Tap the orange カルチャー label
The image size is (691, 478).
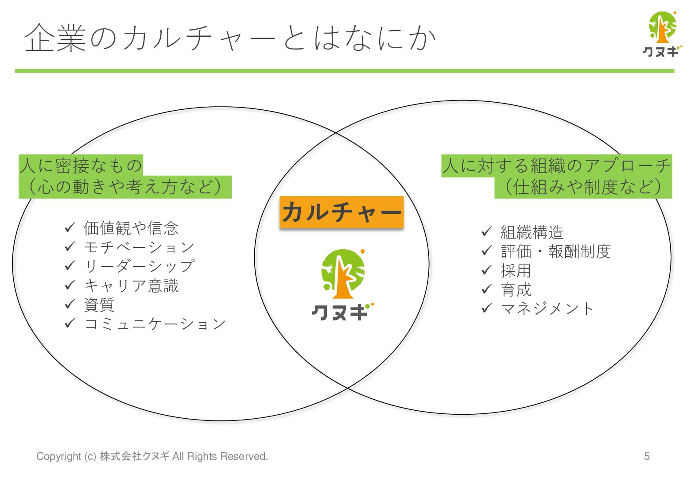coord(342,212)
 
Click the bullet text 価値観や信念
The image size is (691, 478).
coord(131,228)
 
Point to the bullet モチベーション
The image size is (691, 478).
coord(139,247)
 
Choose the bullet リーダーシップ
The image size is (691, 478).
coord(139,266)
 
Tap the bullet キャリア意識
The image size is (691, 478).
coord(132,285)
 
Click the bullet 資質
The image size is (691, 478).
coord(99,305)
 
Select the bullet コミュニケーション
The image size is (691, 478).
coord(155,324)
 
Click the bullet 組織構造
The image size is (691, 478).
coord(532,232)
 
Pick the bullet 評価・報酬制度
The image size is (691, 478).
coord(555,251)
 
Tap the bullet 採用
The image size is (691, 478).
coord(516,270)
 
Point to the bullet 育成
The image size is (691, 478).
coord(516,290)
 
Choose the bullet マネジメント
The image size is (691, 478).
coord(547,308)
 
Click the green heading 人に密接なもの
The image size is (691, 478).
coord(81,166)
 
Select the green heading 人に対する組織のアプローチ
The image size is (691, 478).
coord(556,166)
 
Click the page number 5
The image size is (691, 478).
coord(647,456)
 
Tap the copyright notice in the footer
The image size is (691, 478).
coord(152,456)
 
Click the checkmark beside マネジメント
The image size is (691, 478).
coord(487,308)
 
